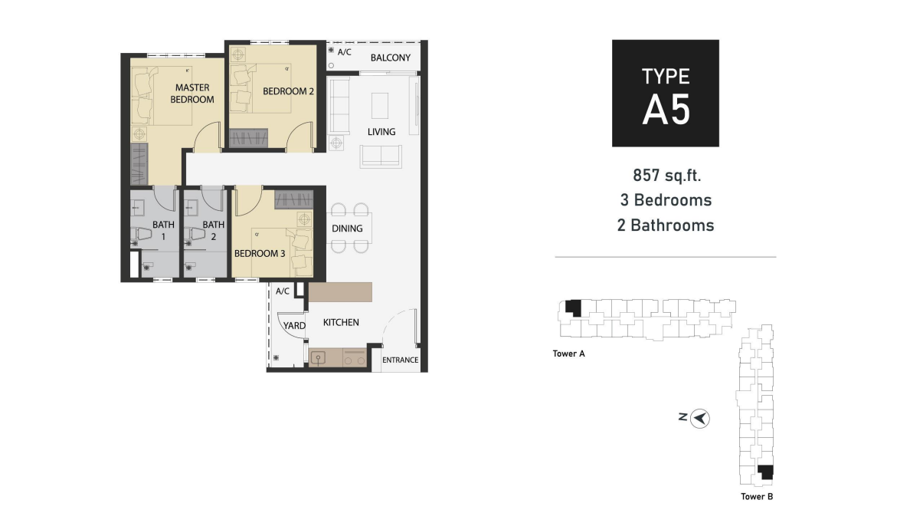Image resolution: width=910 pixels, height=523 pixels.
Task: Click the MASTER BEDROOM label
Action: (191, 94)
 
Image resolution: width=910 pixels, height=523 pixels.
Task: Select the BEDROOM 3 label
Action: (260, 254)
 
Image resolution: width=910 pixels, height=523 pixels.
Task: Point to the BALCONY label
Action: (391, 58)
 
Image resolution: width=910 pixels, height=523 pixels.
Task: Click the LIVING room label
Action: (381, 132)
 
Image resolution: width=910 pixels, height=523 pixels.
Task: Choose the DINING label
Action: (347, 229)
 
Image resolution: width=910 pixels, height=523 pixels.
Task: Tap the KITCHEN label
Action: (341, 323)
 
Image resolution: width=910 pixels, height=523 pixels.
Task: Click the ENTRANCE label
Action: (400, 360)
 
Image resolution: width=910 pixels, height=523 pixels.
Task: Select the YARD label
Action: (294, 326)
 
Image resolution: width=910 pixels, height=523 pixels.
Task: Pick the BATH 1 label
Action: (163, 231)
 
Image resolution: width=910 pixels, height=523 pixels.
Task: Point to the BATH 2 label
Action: (213, 231)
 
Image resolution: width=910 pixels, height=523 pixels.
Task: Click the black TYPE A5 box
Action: (665, 94)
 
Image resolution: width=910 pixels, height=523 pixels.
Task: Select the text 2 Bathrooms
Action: (666, 225)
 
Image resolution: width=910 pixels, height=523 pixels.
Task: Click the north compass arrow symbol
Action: (700, 419)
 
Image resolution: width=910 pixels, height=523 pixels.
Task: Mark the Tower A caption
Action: (568, 354)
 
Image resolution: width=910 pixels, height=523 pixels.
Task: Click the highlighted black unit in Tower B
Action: (764, 472)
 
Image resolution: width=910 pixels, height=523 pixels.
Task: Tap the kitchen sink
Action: (319, 357)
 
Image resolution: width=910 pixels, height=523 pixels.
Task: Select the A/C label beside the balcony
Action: (345, 52)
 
